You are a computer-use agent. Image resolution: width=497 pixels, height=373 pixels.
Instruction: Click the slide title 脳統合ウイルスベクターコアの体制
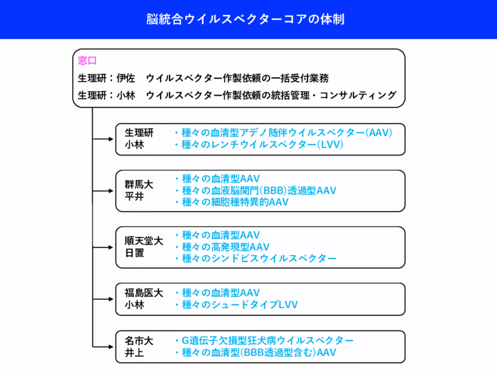(245, 19)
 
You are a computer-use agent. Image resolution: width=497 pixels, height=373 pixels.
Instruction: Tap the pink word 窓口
(87, 60)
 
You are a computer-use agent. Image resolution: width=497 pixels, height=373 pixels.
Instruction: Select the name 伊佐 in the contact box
(126, 78)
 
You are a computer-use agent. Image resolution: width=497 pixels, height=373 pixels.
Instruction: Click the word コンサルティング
(358, 95)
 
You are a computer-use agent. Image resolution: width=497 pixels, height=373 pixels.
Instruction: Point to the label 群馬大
(139, 185)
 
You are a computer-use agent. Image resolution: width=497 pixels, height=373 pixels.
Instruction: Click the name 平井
(134, 196)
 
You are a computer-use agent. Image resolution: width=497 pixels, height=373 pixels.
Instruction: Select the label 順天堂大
(144, 241)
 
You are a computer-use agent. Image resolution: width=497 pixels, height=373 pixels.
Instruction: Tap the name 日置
(135, 253)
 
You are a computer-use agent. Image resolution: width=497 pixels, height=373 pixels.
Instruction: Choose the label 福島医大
(144, 293)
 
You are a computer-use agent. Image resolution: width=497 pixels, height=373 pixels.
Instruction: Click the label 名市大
(139, 341)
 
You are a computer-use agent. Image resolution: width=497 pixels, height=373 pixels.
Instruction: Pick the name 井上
(134, 352)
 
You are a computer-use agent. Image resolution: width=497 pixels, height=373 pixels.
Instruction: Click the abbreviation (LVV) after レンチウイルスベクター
(330, 144)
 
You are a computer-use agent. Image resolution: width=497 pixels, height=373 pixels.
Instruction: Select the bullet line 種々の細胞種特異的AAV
(232, 202)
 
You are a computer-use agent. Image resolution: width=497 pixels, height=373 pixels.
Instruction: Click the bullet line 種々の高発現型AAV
(222, 247)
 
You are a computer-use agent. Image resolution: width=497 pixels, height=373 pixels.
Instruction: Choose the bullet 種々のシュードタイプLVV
(236, 304)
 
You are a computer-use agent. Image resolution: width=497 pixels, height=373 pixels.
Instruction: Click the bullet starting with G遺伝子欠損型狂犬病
(264, 341)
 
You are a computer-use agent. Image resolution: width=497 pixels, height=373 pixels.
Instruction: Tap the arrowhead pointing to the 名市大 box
(111, 346)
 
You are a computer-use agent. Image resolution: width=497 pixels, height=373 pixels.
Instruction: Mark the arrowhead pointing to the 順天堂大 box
(111, 247)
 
